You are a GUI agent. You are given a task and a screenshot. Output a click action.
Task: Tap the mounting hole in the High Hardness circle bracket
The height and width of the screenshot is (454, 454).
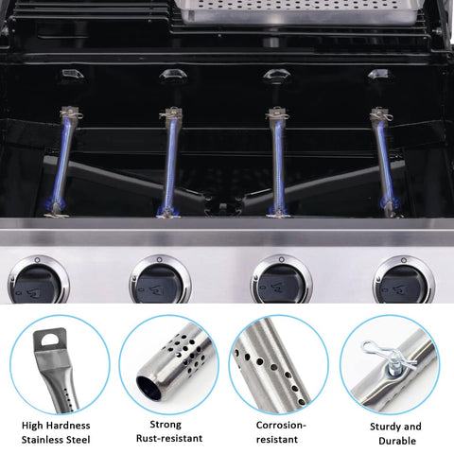49,340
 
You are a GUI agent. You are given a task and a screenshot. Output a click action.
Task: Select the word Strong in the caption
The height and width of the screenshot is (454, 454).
166,425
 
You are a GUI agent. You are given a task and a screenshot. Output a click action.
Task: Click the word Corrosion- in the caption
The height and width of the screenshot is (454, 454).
281,425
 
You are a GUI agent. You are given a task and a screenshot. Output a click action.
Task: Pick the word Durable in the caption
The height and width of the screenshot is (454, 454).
397,441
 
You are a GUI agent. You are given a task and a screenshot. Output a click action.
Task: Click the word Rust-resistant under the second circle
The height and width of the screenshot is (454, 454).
169,438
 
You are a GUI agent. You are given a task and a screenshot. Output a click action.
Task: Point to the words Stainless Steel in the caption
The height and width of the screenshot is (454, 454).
56,440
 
